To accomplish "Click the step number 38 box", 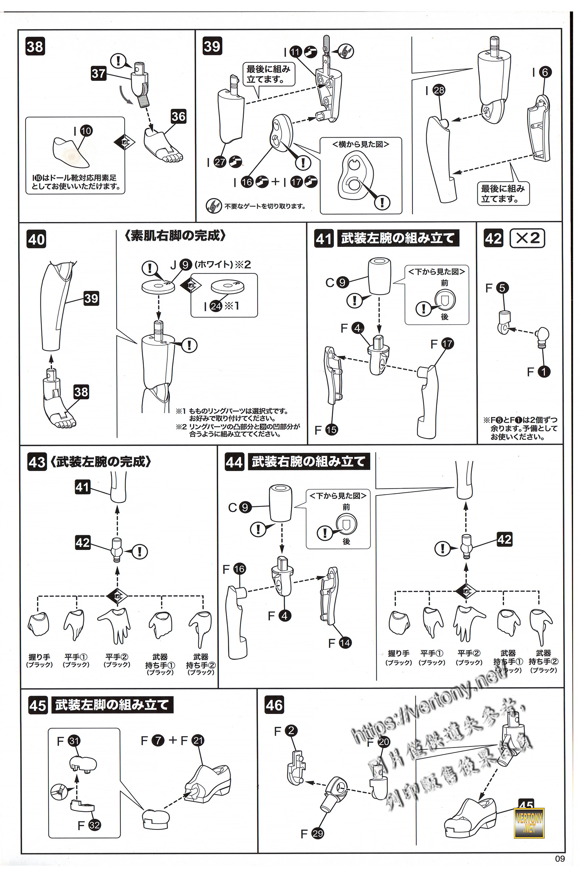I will (x=35, y=47).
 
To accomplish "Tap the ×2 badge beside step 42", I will (x=527, y=238).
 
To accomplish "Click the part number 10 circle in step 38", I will (x=86, y=131).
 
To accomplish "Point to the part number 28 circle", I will (x=439, y=90).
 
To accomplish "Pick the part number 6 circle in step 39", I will (x=545, y=72).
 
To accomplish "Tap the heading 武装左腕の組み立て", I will (x=398, y=238).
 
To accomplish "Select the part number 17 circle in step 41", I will (x=447, y=344).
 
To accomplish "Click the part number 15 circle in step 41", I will (x=331, y=430).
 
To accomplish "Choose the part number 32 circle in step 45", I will (x=94, y=825).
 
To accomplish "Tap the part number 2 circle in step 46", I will (x=291, y=730).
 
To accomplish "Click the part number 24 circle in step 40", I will (x=216, y=306).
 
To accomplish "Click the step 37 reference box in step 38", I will (x=98, y=74).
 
